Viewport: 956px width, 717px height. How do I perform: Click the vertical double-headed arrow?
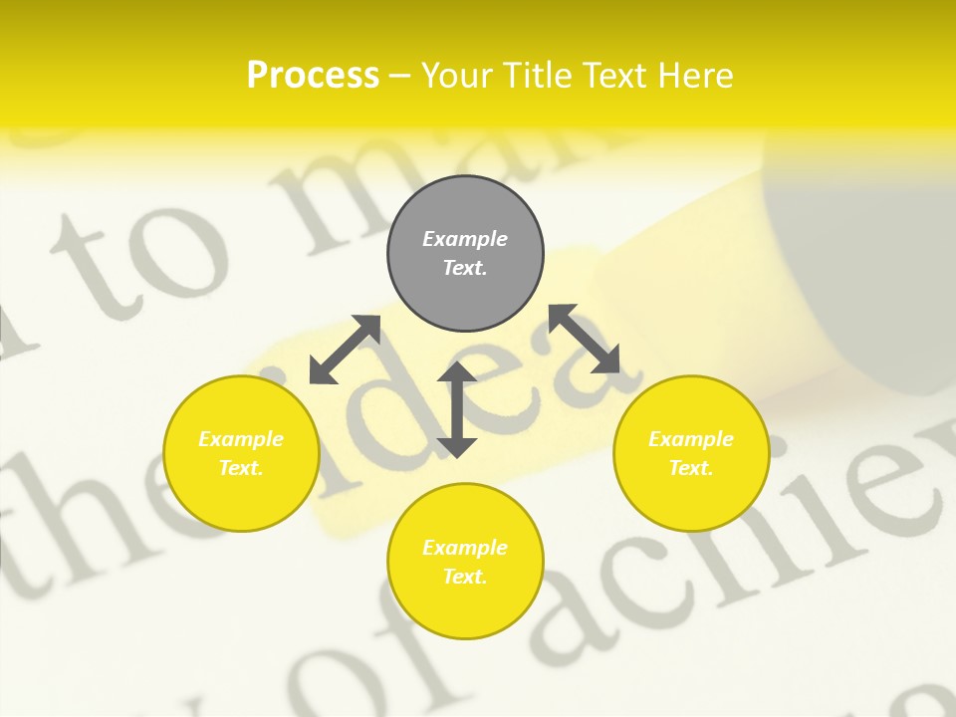tap(457, 409)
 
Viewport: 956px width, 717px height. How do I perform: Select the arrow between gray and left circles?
tap(345, 350)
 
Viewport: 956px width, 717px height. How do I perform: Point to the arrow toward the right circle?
tap(585, 339)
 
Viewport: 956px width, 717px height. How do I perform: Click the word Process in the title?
tap(313, 76)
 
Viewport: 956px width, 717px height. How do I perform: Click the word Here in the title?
tap(694, 76)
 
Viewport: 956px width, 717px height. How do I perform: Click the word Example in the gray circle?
tap(465, 239)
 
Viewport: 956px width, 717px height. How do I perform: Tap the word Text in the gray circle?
tap(465, 268)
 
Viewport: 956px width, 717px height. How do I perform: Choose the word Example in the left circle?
tap(241, 439)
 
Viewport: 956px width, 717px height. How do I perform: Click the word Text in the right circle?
tap(691, 468)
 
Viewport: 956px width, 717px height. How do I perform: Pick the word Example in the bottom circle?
tap(465, 548)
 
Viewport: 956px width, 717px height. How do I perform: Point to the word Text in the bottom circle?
tap(465, 577)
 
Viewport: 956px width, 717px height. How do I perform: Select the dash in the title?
tap(400, 76)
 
